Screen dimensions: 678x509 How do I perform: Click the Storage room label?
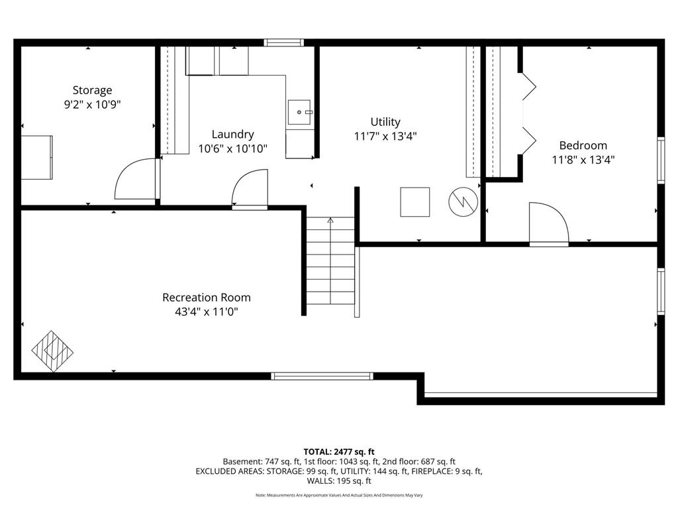[x=92, y=90]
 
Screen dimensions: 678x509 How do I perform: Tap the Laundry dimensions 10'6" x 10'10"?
[x=232, y=149]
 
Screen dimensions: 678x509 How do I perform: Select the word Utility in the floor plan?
[x=385, y=123]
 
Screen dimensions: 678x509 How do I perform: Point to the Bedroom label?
[x=583, y=145]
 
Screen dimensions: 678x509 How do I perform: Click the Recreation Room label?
[x=207, y=298]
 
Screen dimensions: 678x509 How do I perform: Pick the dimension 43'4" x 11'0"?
[x=207, y=311]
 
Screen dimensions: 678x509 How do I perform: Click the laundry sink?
[x=299, y=112]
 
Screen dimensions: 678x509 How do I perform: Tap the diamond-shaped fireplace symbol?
[x=52, y=351]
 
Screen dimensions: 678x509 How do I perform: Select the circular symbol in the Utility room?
[x=463, y=201]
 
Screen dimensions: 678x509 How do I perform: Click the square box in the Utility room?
[x=414, y=201]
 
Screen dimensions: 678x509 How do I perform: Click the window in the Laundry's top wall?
[x=283, y=42]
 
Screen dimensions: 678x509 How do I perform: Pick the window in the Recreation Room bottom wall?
[x=322, y=376]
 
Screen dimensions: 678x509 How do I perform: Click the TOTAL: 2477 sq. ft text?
[x=339, y=452]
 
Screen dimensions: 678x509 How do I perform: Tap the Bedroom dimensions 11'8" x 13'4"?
[x=583, y=160]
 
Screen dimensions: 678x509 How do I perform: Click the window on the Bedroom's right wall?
[x=661, y=160]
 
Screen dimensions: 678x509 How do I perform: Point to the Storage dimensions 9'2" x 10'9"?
[x=92, y=105]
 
